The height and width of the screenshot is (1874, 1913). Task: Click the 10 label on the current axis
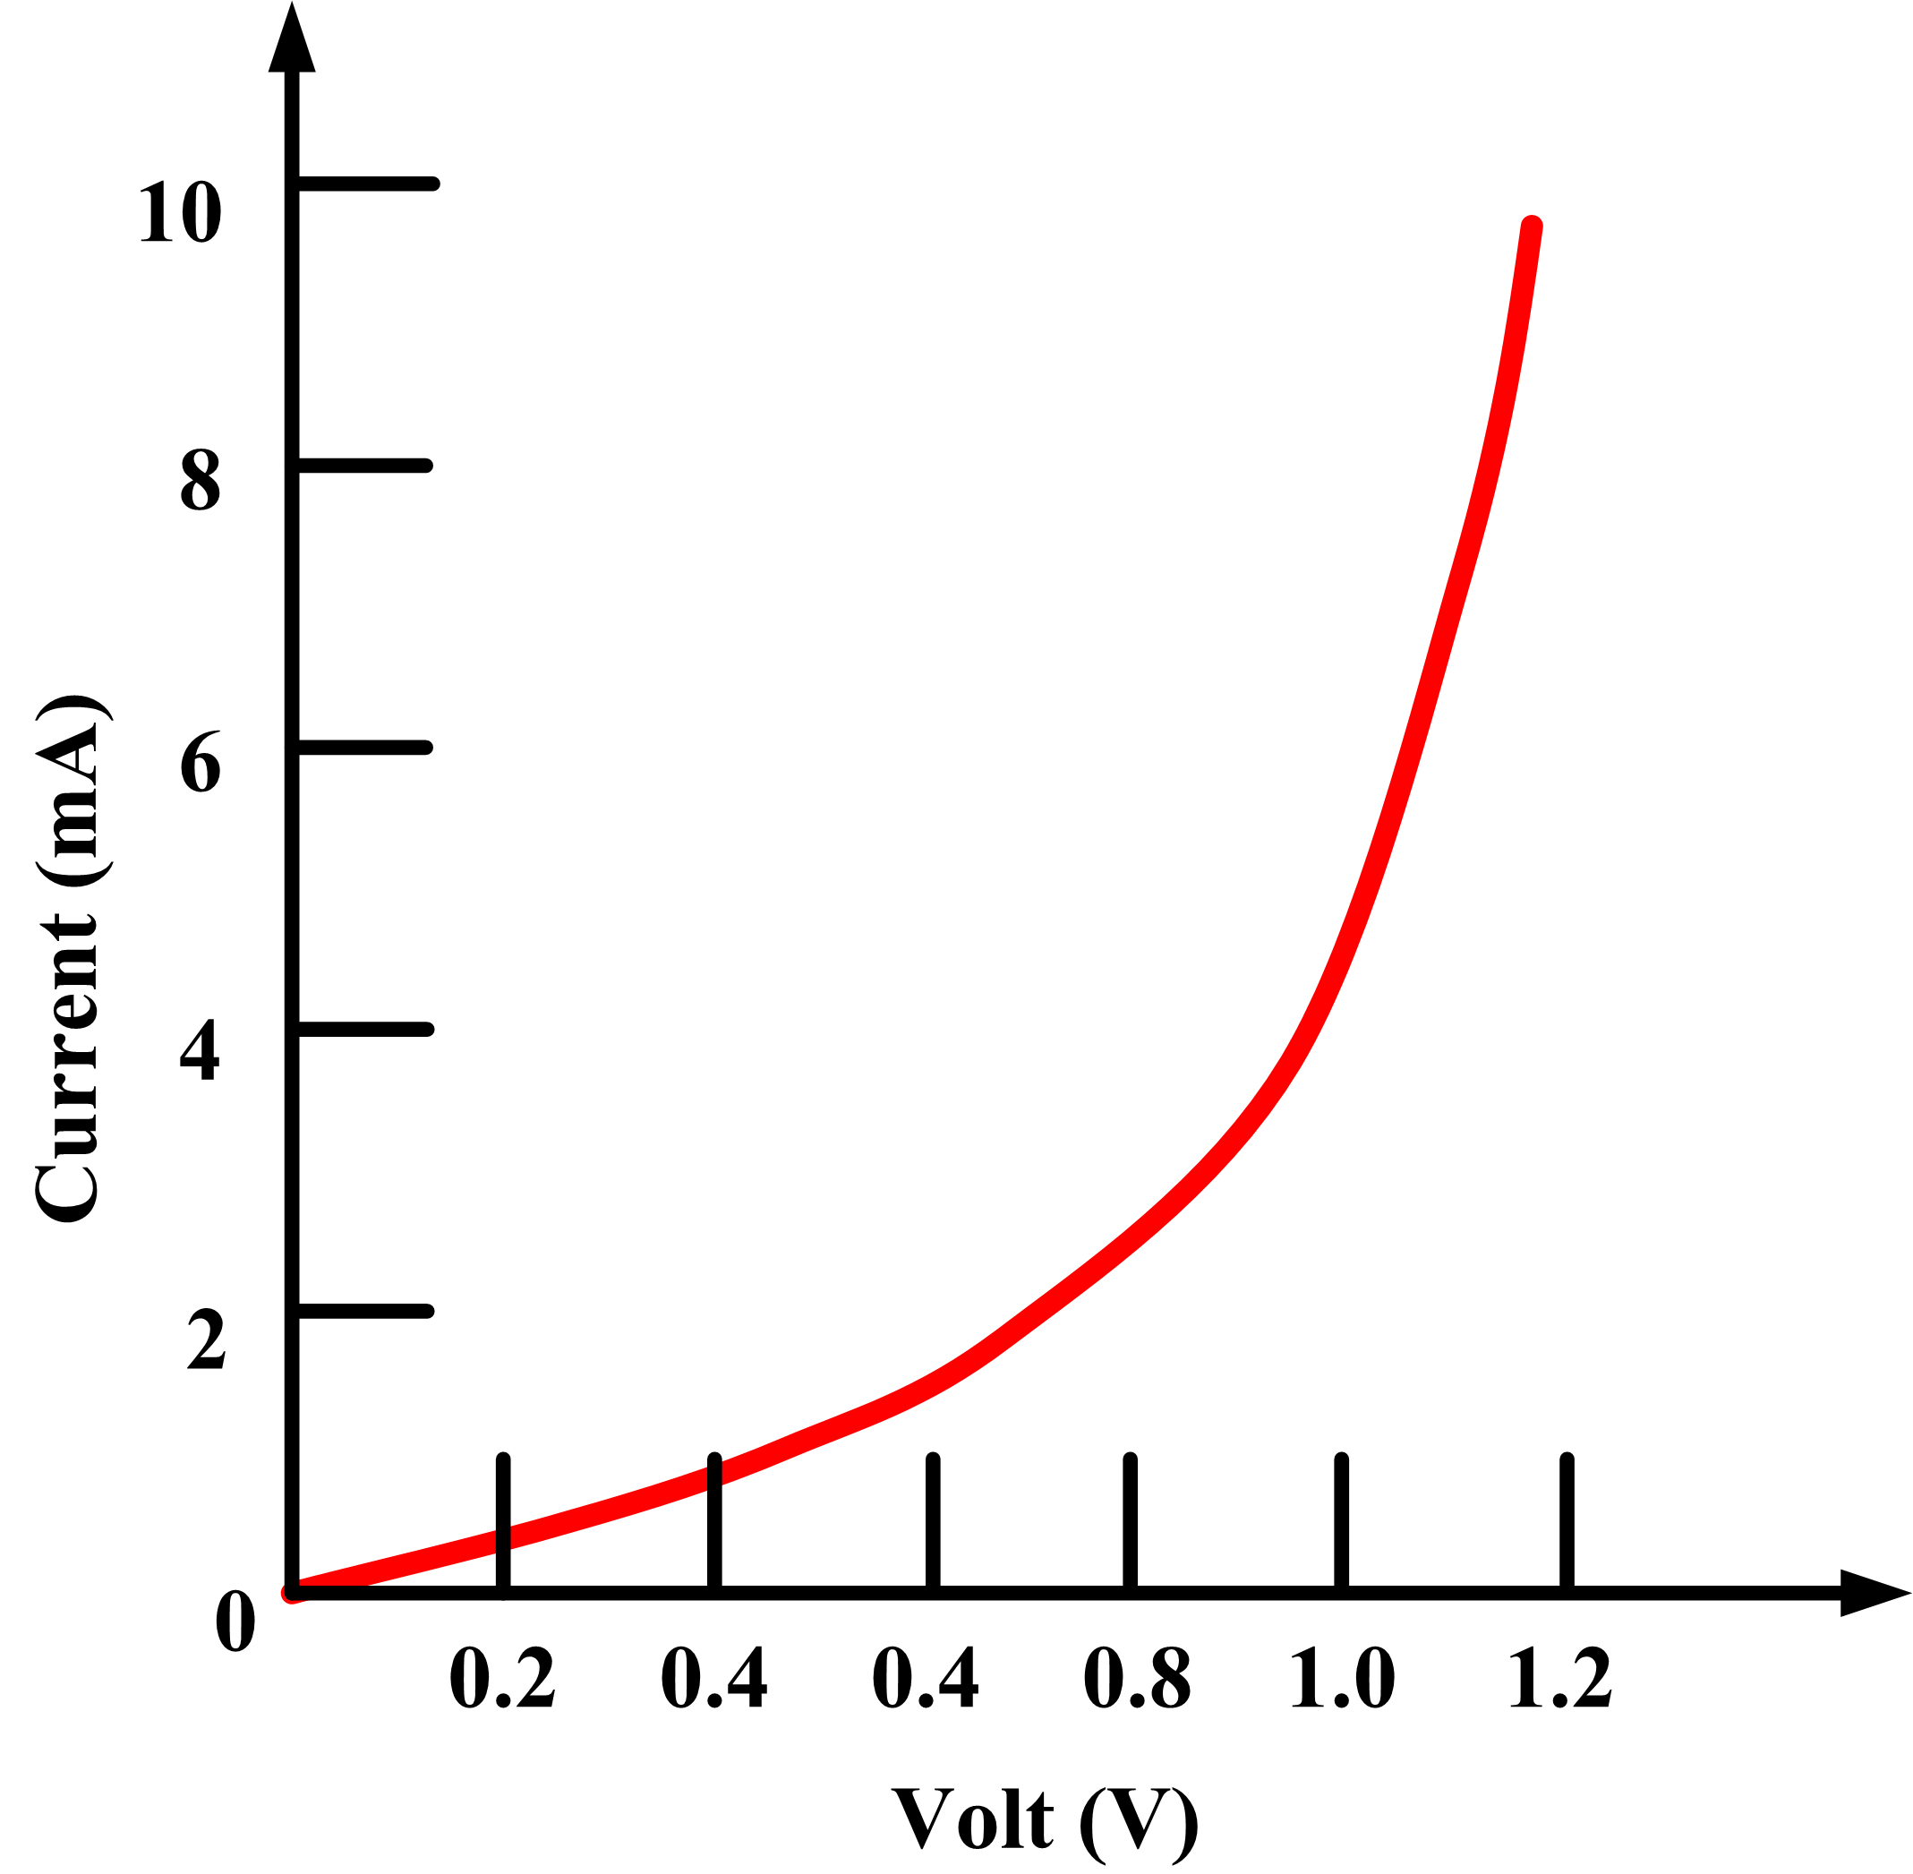click(180, 211)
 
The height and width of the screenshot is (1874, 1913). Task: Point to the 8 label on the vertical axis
click(200, 482)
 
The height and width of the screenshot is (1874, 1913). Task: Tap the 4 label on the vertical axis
click(200, 1050)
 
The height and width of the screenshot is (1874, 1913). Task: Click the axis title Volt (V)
click(1045, 1818)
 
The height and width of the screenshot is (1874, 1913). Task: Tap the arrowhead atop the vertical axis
click(291, 39)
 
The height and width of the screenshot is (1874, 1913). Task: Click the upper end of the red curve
click(1531, 227)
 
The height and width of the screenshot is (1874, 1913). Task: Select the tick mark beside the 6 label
click(364, 747)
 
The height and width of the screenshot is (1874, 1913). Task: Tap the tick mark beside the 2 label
click(364, 1311)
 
